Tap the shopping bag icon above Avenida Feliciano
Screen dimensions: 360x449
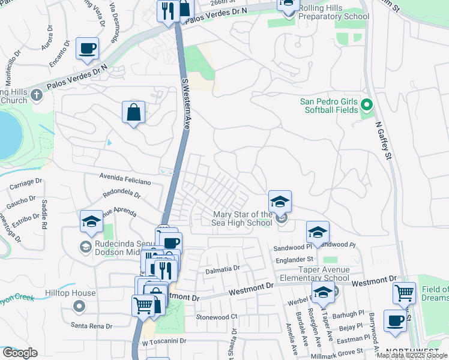coord(133,112)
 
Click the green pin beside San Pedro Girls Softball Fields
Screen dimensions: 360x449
coord(367,106)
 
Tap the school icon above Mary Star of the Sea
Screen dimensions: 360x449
coord(280,202)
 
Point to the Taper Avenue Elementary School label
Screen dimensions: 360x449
coord(316,274)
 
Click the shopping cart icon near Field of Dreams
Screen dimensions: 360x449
coord(405,293)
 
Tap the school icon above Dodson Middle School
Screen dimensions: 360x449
coord(91,221)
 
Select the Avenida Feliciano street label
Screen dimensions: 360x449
coord(125,181)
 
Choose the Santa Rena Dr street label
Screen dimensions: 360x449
coord(92,326)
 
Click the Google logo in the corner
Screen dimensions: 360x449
coord(20,353)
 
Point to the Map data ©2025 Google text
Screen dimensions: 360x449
coord(412,355)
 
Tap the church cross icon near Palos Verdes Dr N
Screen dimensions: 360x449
coord(37,95)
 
